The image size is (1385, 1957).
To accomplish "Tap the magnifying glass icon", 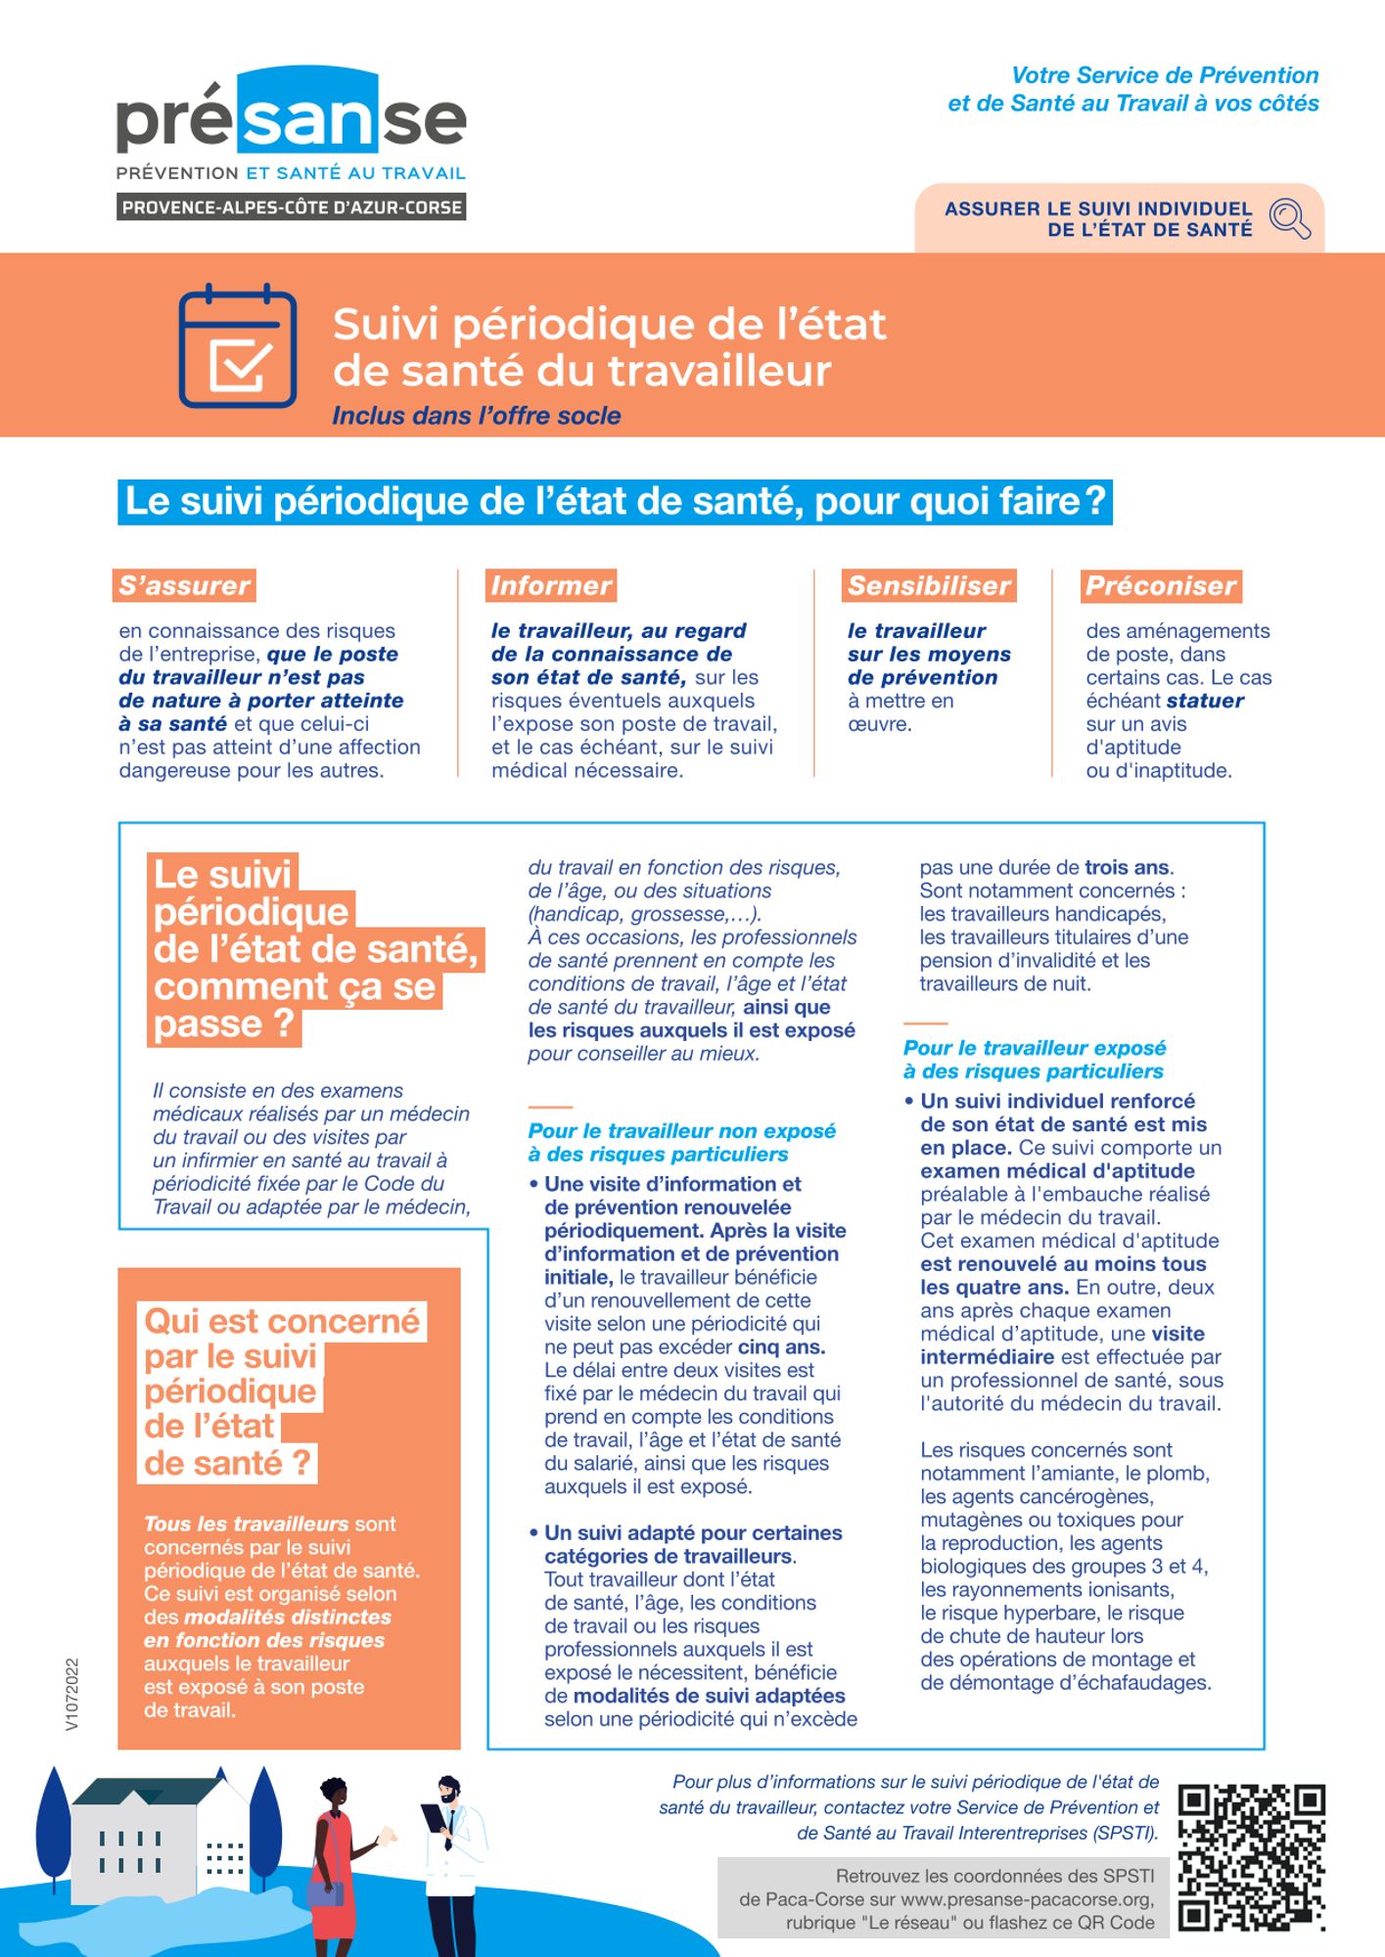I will pyautogui.click(x=1289, y=217).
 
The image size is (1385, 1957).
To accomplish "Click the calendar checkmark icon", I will pyautogui.click(x=238, y=345).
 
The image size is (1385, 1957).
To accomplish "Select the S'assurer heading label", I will pyautogui.click(x=184, y=585).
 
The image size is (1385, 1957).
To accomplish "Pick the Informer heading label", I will pyautogui.click(x=551, y=585).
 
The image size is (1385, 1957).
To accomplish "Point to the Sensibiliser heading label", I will pyautogui.click(x=928, y=585).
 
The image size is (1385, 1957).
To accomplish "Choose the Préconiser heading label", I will pyautogui.click(x=1161, y=585).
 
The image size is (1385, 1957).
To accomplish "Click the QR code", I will pyautogui.click(x=1251, y=1857).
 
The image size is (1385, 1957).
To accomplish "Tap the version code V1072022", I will pyautogui.click(x=72, y=1694).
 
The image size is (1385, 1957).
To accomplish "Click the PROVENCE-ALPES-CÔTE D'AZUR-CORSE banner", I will pyautogui.click(x=291, y=207).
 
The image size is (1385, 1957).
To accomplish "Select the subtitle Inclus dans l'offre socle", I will pyautogui.click(x=476, y=416).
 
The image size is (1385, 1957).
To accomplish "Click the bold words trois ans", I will pyautogui.click(x=1127, y=868).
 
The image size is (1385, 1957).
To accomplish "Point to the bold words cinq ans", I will pyautogui.click(x=781, y=1347).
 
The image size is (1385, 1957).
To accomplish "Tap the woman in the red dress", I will pyautogui.click(x=334, y=1864).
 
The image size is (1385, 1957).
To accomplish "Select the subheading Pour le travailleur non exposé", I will pyautogui.click(x=681, y=1131).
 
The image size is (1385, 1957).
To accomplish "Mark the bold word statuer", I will pyautogui.click(x=1204, y=701).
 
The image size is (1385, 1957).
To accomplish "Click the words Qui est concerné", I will pyautogui.click(x=282, y=1321).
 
